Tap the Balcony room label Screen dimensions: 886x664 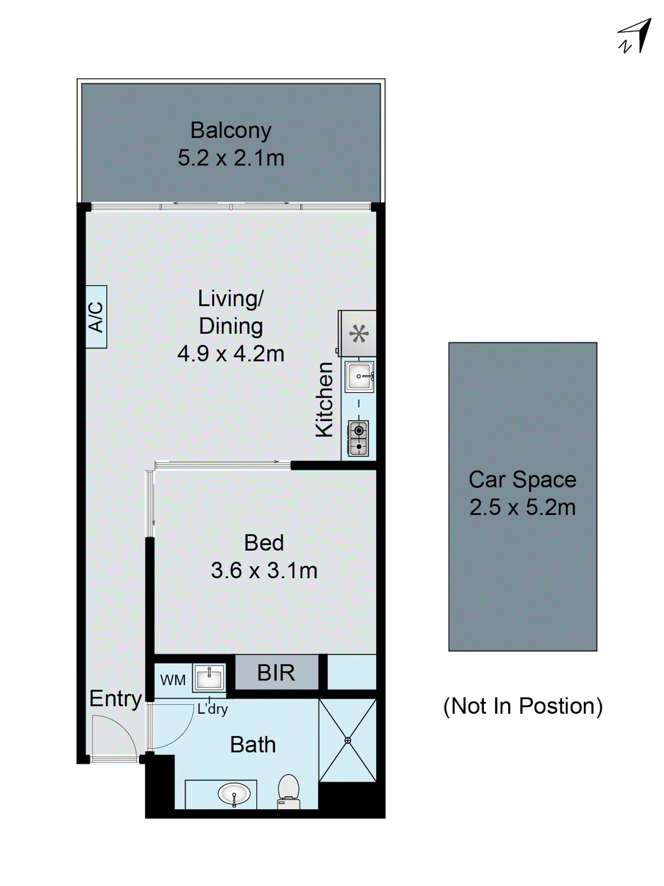coord(231,130)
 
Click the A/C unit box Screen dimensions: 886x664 coord(96,316)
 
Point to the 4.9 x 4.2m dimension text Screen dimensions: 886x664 coord(231,354)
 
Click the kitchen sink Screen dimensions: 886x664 coord(359,376)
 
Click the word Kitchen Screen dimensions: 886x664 coord(324,399)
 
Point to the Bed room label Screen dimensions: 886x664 coord(264,543)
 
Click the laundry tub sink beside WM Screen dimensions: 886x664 coord(209,678)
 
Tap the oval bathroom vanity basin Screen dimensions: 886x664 coord(234,793)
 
